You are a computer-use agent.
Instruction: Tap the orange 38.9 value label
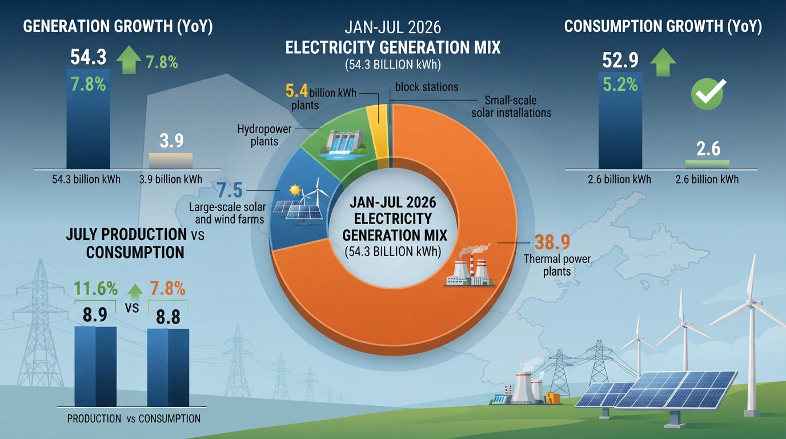(x=552, y=242)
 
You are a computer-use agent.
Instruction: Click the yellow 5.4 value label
(x=296, y=91)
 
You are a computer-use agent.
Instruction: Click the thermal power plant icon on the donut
(x=470, y=266)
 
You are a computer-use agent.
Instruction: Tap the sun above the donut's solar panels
(x=295, y=191)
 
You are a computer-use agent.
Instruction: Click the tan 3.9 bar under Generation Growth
(x=171, y=161)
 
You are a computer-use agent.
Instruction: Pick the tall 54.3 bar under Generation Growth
(x=89, y=119)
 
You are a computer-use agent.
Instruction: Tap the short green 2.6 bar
(x=707, y=165)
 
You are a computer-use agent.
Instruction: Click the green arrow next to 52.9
(x=663, y=62)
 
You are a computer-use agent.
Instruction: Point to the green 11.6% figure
(x=95, y=289)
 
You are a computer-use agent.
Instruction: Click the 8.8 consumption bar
(x=168, y=368)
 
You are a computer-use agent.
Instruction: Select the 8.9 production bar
(x=95, y=366)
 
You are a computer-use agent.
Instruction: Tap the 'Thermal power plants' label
(x=557, y=265)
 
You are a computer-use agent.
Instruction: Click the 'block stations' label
(x=427, y=87)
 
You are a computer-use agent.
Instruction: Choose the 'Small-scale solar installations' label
(x=511, y=106)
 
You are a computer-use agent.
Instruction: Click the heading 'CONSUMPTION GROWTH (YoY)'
(x=663, y=26)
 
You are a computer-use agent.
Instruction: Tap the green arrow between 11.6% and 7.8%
(x=135, y=293)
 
